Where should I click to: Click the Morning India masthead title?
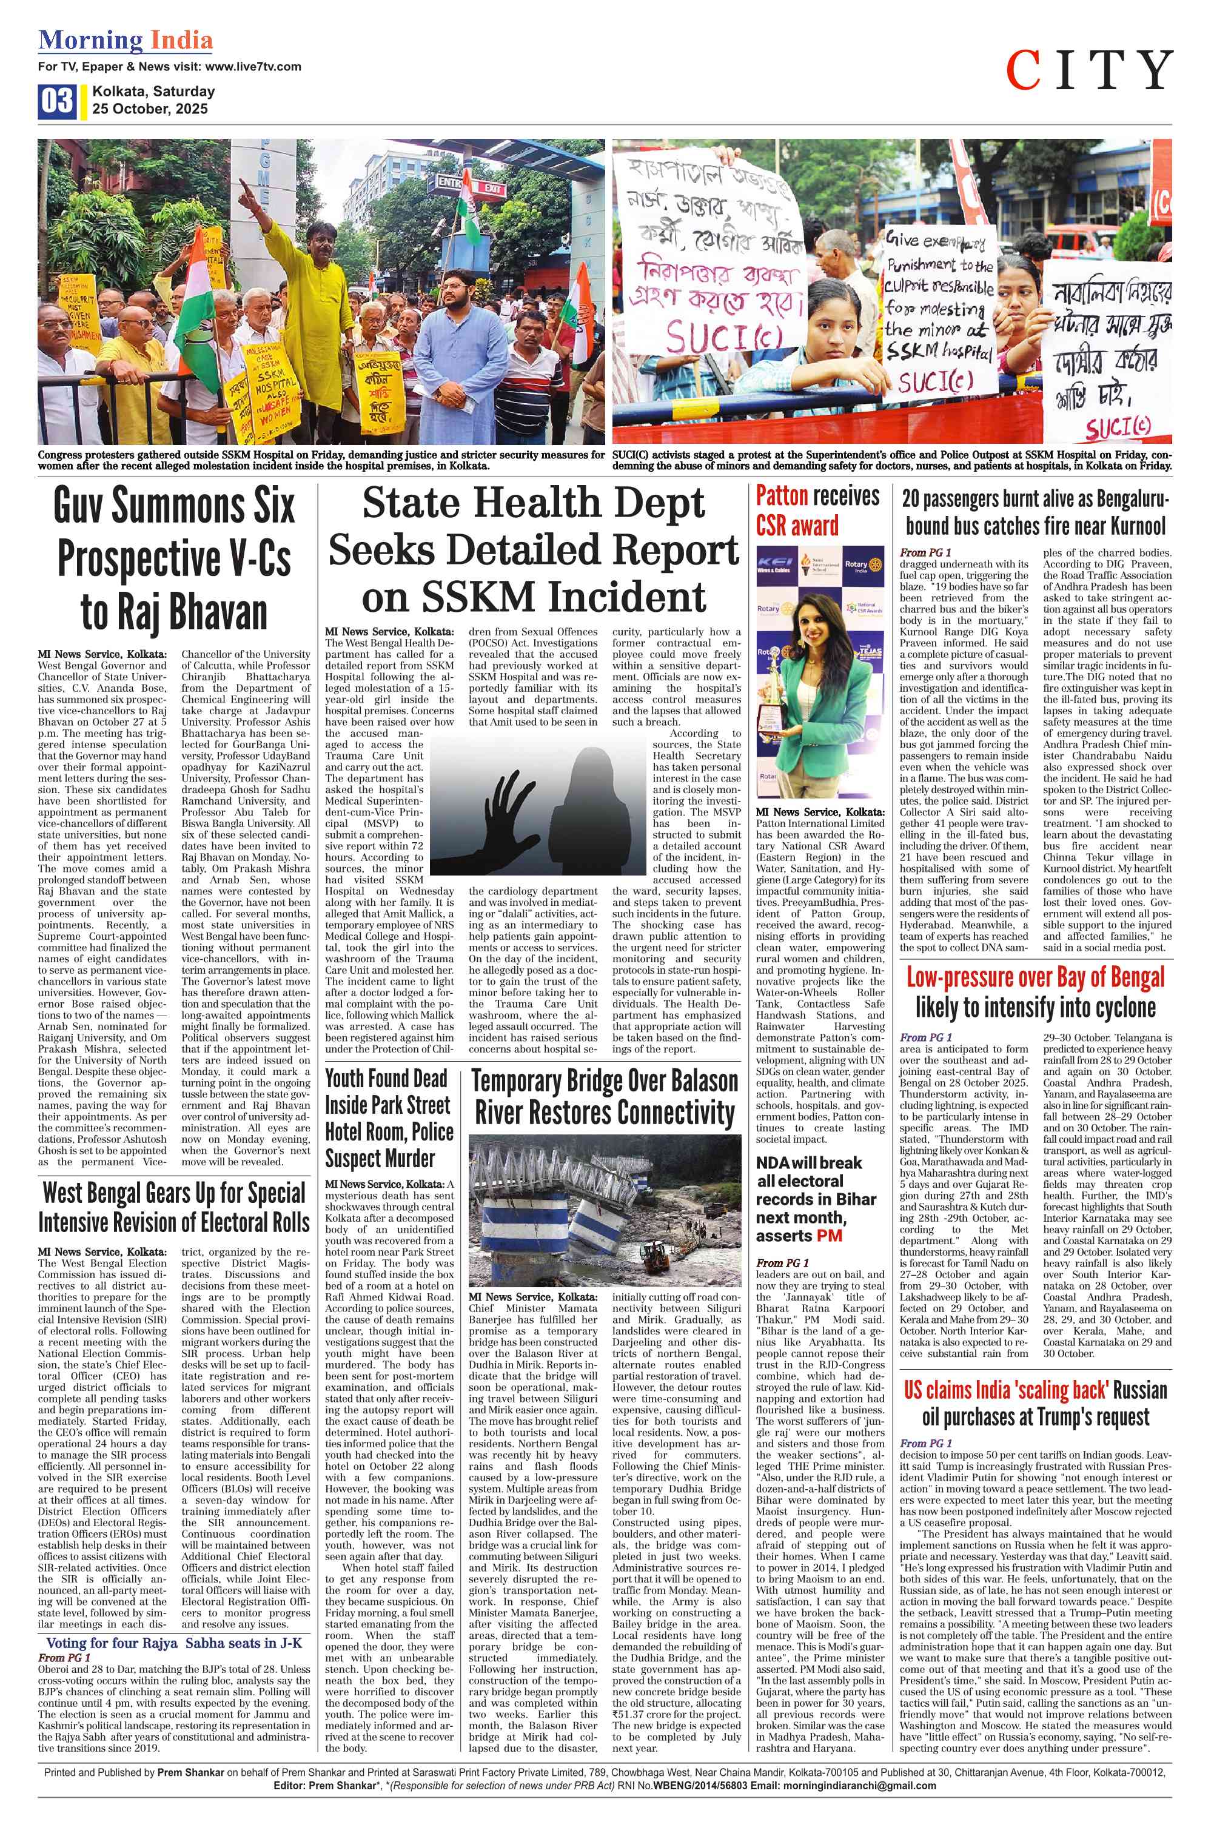click(x=126, y=40)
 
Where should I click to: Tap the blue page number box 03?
click(x=56, y=101)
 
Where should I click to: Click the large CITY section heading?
click(x=1088, y=70)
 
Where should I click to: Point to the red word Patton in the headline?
click(x=782, y=495)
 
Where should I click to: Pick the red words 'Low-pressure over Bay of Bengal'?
click(x=1035, y=977)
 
